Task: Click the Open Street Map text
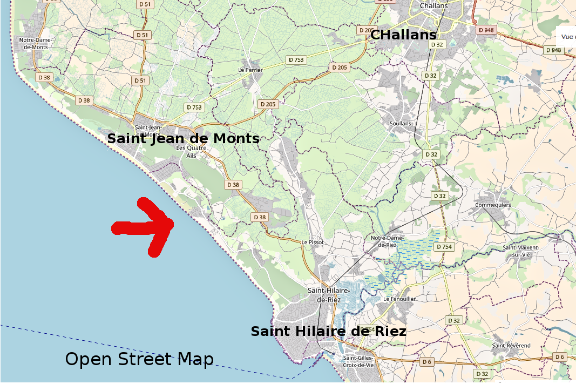pos(139,359)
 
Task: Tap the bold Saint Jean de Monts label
pos(183,139)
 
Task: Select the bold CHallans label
pos(403,35)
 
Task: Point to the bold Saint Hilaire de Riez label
pos(328,331)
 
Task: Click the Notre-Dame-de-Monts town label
pos(33,43)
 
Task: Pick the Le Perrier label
pos(250,70)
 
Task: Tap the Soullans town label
pos(400,123)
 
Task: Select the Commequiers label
pos(493,205)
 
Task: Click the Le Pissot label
pos(313,242)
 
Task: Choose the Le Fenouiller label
pos(399,299)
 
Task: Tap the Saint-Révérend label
pos(511,345)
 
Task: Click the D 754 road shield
pos(443,247)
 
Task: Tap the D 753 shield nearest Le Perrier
pos(296,60)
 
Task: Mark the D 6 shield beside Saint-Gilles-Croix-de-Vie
pos(426,361)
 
